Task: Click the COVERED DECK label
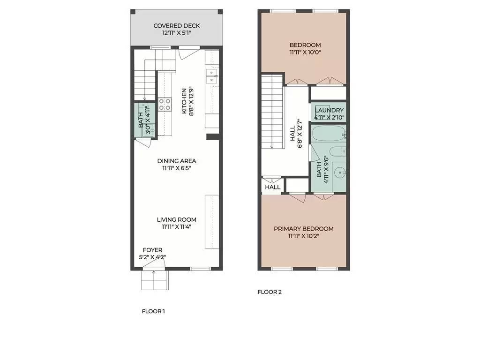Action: coord(177,26)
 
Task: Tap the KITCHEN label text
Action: coord(184,101)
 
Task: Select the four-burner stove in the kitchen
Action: coord(165,105)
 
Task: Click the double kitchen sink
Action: coord(212,76)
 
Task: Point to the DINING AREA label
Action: coord(177,161)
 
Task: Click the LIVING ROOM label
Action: coord(177,219)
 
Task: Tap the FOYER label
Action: coord(152,250)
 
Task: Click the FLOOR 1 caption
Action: coord(153,311)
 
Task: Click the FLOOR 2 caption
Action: coord(270,292)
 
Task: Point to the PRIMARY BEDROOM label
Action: coord(304,229)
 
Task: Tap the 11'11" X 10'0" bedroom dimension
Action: coord(305,52)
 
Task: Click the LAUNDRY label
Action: coord(329,110)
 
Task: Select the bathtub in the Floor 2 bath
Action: coord(329,134)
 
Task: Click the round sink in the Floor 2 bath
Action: coord(339,173)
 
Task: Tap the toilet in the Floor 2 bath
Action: coord(338,151)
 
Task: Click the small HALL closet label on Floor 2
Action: coord(273,187)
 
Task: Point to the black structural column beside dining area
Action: coord(213,137)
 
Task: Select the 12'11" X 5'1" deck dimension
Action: coord(177,33)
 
